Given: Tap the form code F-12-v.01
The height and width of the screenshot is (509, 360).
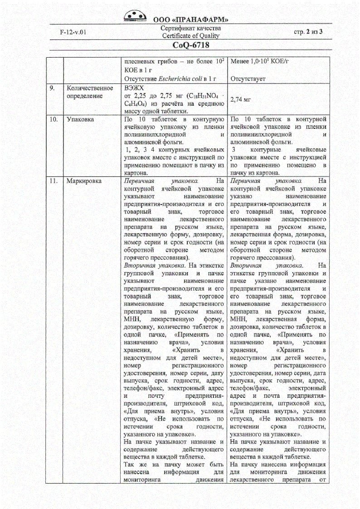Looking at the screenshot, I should click(x=73, y=32).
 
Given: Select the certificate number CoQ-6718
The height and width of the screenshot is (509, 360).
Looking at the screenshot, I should click(x=190, y=45).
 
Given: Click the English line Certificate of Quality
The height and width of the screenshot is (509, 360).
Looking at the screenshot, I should click(x=190, y=36).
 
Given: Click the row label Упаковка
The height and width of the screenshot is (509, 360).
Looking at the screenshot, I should click(x=81, y=119).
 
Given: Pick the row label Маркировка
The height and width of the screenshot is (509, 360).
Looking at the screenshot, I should click(x=84, y=181).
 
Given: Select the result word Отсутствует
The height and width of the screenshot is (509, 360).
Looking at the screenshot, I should click(x=248, y=78).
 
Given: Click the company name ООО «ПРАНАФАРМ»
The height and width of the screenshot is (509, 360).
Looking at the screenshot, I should click(x=190, y=20).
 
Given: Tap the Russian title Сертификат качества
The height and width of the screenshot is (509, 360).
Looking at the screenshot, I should click(x=190, y=29).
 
